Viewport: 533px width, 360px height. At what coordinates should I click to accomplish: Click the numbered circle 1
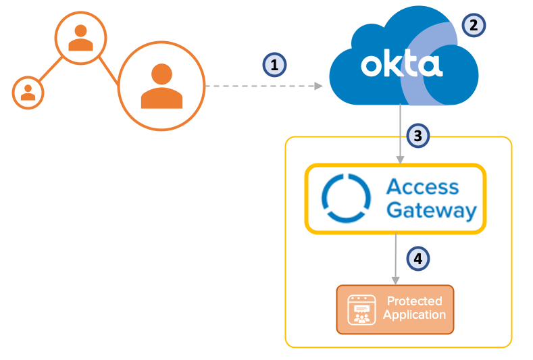(x=274, y=65)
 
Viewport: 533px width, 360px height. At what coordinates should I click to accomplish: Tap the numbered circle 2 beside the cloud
(x=474, y=26)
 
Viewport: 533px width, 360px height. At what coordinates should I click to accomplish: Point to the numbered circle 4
(x=418, y=257)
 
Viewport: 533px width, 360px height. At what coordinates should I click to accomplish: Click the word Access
(x=422, y=187)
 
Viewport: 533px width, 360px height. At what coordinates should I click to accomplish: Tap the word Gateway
(x=431, y=210)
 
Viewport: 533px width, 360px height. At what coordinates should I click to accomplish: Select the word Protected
(x=414, y=301)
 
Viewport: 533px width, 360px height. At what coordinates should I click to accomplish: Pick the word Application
(x=414, y=315)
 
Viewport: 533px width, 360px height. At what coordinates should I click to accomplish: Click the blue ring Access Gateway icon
(x=346, y=199)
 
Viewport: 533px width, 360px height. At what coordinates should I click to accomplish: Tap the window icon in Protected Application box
(x=361, y=309)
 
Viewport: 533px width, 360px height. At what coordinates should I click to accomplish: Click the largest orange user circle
(x=161, y=85)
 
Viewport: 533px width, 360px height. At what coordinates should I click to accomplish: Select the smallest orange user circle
(x=28, y=92)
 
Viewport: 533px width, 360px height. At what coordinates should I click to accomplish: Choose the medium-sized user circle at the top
(x=80, y=37)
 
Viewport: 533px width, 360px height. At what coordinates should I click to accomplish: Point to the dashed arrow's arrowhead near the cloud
(x=318, y=86)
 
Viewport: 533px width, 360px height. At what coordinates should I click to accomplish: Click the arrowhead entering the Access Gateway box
(x=400, y=160)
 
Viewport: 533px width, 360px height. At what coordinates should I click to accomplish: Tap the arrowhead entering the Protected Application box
(x=395, y=282)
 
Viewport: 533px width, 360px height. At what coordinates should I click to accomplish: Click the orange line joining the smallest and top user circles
(x=49, y=70)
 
